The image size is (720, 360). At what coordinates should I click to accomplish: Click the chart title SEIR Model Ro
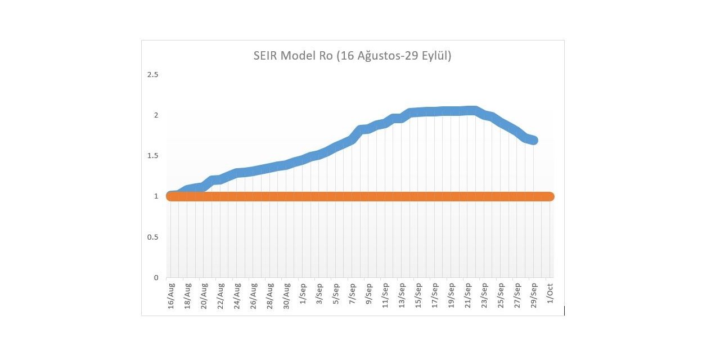point(352,56)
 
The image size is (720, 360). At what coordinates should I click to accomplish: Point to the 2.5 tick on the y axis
point(152,75)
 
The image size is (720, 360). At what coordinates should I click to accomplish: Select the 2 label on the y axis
point(156,115)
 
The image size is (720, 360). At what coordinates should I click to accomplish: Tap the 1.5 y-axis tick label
point(152,156)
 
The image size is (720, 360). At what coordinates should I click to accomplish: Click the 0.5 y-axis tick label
point(152,237)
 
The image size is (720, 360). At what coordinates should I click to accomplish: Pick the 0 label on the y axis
point(156,277)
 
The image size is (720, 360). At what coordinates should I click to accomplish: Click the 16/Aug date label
point(172,296)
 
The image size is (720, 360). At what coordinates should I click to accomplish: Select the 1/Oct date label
point(550,294)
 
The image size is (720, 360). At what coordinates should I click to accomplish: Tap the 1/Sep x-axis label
point(304,294)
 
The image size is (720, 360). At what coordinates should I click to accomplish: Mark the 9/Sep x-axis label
point(370,294)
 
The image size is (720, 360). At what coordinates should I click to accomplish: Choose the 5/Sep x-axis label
point(336,294)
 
